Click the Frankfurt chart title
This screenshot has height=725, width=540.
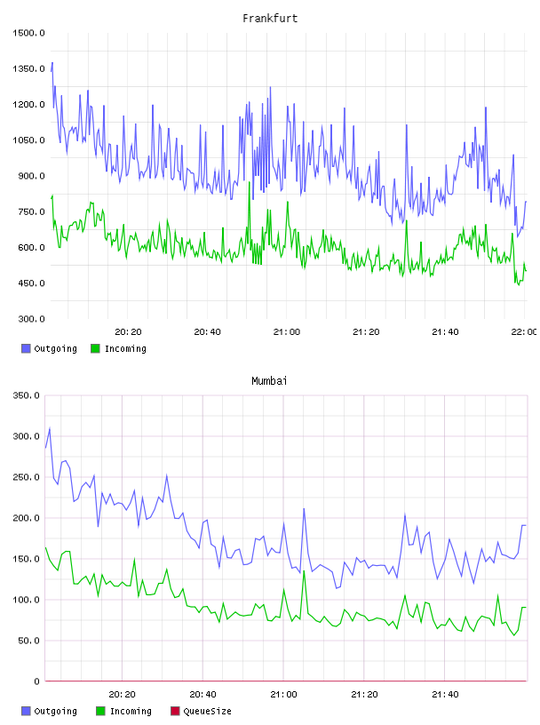(x=270, y=19)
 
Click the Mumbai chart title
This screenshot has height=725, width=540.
(x=269, y=381)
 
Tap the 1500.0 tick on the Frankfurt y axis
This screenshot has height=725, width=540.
(x=28, y=33)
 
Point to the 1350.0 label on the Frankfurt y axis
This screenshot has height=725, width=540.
(x=28, y=69)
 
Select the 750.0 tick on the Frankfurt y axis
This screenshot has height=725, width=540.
(x=31, y=211)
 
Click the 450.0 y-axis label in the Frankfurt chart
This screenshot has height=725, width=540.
(x=31, y=283)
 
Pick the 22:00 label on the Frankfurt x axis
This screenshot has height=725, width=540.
(x=524, y=332)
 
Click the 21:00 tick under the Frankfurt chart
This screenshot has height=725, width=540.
(x=287, y=332)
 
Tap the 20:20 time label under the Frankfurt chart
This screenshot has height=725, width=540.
(x=128, y=332)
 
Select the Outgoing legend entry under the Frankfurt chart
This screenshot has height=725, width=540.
(x=49, y=348)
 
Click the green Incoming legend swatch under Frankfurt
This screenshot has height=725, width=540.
(x=95, y=348)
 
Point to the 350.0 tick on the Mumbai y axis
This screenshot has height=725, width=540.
(x=27, y=395)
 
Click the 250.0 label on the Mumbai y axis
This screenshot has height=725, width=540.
(x=27, y=477)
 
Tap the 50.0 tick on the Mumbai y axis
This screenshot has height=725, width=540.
(x=29, y=641)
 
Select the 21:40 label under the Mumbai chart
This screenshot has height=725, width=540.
(x=445, y=695)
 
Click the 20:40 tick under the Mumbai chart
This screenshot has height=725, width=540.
(x=203, y=695)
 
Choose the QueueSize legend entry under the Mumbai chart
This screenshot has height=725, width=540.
(x=201, y=711)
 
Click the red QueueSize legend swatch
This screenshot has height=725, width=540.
(x=175, y=711)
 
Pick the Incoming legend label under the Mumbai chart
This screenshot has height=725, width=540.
(x=131, y=711)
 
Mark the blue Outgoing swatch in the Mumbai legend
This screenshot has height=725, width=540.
(x=26, y=711)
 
